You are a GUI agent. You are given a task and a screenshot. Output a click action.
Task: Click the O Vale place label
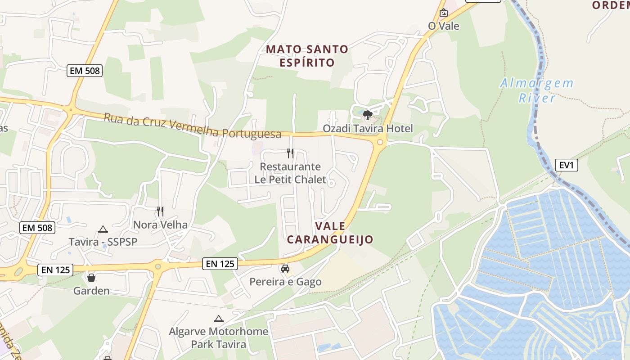[x=444, y=26]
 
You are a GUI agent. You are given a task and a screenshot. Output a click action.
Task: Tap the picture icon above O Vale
[x=444, y=13]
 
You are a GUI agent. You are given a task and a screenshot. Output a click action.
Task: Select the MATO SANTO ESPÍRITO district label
[x=307, y=56]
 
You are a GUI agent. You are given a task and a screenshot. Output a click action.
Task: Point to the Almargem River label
[x=537, y=90]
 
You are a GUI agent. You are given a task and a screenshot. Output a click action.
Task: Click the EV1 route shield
[x=566, y=165]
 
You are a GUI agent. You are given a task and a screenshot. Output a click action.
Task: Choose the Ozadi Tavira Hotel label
[x=368, y=129]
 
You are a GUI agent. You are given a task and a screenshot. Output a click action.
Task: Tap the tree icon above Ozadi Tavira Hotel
[x=368, y=115]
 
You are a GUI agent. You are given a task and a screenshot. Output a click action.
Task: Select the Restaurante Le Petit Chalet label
[x=290, y=173]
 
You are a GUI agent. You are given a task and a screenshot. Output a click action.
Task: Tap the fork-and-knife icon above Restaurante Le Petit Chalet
[x=290, y=153]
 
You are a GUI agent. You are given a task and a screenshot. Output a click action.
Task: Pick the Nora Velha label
[x=160, y=225]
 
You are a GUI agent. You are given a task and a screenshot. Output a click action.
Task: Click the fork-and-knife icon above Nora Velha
[x=160, y=211]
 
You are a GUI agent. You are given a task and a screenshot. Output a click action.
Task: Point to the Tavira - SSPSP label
[x=103, y=242]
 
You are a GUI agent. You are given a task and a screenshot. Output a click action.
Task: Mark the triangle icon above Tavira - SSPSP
[x=103, y=229]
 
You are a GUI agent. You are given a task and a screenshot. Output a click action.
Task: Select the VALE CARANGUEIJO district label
[x=330, y=233]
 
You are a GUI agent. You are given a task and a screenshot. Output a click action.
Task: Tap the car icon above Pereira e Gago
[x=285, y=269]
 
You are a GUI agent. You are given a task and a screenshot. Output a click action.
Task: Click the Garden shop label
[x=91, y=291]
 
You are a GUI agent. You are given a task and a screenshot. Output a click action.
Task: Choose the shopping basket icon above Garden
[x=91, y=278]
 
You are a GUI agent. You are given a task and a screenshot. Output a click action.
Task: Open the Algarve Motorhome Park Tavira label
[x=219, y=338]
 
